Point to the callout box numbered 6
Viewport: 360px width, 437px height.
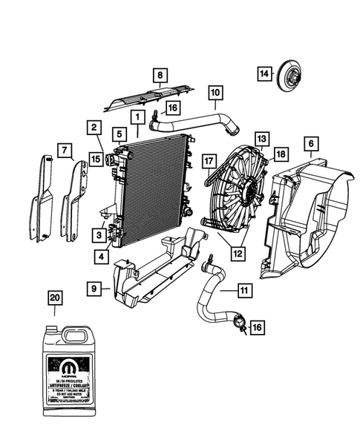[x=310, y=143]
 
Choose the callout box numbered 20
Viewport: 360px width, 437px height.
[x=54, y=298]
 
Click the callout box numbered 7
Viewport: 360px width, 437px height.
[x=67, y=151]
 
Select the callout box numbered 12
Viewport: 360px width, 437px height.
[x=238, y=253]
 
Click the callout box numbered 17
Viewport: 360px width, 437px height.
[x=209, y=159]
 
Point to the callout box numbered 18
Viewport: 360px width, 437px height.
[x=281, y=154]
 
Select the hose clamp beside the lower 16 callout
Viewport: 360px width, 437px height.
[x=240, y=323]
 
